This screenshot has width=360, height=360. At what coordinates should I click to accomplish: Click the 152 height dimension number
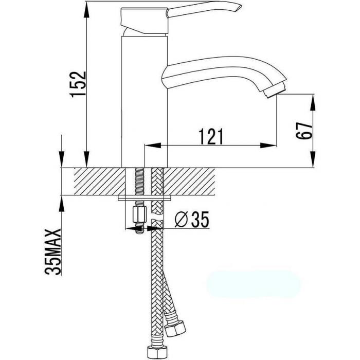[79, 84]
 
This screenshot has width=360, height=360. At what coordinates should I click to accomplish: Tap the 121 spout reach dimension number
[211, 137]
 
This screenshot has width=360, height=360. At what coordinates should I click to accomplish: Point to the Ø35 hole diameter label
[192, 220]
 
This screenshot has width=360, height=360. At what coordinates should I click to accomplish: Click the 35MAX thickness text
[53, 252]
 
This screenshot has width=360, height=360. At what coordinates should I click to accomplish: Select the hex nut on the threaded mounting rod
[139, 214]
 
